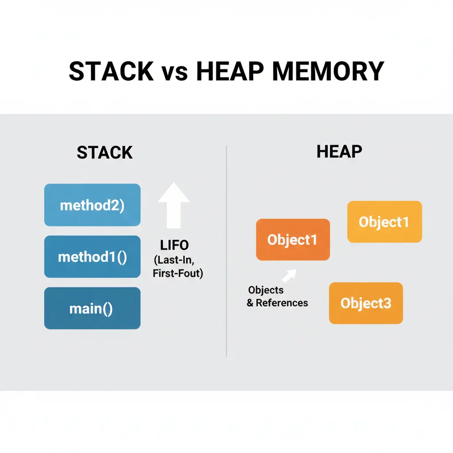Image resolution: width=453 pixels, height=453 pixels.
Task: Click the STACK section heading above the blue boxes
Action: (x=104, y=153)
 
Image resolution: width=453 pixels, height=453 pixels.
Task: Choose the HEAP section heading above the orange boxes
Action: (x=339, y=152)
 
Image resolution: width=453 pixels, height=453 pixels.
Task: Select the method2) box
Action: (x=92, y=205)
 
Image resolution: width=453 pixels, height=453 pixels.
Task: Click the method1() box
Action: (x=92, y=257)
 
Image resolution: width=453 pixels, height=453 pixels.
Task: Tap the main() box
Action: (x=92, y=308)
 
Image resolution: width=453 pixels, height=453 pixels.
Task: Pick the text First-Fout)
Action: (x=177, y=273)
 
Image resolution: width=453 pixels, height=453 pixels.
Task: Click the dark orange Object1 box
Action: (x=293, y=240)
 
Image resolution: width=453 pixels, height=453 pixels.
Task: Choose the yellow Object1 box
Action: (x=384, y=222)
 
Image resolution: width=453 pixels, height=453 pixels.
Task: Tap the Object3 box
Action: (x=366, y=303)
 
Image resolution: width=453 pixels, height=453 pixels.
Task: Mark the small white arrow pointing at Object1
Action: (x=289, y=276)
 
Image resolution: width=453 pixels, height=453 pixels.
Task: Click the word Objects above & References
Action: (x=265, y=290)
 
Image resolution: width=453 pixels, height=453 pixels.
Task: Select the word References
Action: (x=282, y=303)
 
